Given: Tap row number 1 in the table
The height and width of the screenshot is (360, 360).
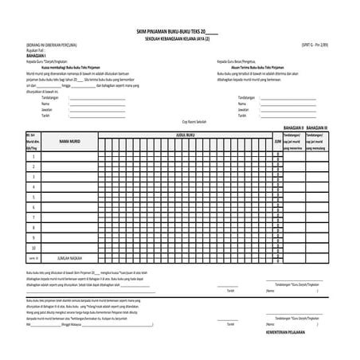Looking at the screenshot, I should pos(33,155).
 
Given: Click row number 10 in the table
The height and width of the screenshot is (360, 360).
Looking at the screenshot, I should pos(33,248).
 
